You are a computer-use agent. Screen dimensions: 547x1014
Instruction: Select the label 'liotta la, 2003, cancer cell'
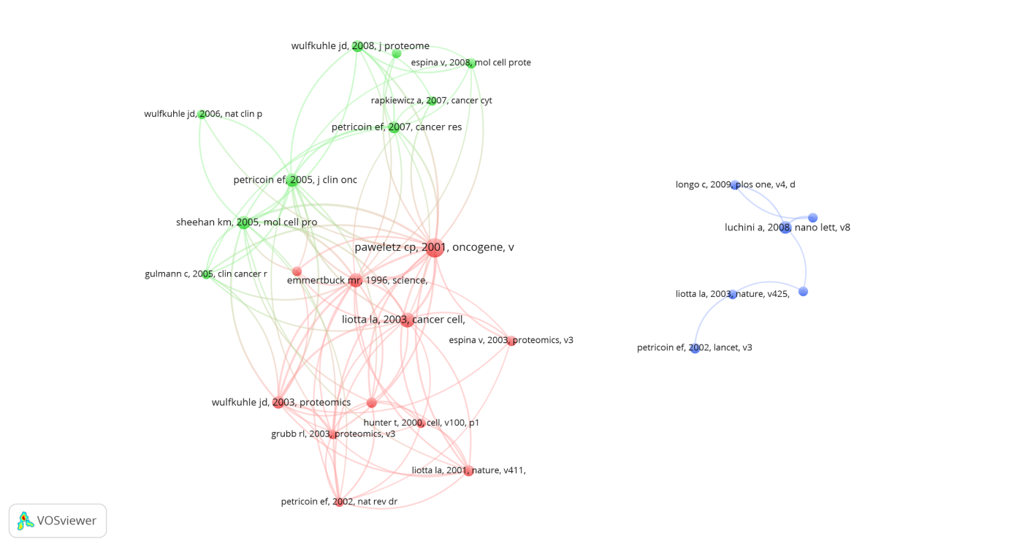(403, 320)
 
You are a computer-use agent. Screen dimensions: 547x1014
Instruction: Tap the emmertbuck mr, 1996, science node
(355, 280)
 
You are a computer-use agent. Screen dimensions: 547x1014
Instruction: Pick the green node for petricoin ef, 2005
(292, 181)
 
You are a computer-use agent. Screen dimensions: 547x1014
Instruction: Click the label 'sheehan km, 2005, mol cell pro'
(246, 222)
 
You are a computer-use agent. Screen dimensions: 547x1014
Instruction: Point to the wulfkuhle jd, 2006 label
(203, 114)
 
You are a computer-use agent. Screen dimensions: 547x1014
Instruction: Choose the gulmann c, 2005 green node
(207, 274)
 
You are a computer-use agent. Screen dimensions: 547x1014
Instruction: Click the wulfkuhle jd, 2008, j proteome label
(360, 46)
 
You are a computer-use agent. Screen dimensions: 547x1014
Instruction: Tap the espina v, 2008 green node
(471, 63)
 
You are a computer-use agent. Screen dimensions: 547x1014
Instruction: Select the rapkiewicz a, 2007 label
(431, 100)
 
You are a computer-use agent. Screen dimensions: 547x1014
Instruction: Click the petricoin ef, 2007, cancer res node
(394, 127)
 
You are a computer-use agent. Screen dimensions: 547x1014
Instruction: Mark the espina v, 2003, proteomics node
(511, 341)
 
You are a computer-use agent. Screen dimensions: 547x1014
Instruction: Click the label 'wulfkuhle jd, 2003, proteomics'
(281, 402)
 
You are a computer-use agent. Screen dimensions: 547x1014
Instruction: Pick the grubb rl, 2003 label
(333, 434)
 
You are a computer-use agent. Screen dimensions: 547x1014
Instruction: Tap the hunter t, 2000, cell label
(421, 423)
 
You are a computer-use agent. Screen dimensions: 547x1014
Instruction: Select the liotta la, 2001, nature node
(468, 471)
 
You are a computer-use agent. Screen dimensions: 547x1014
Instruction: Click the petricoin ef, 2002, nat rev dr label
(339, 502)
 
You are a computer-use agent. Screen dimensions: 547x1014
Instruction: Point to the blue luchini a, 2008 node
(785, 228)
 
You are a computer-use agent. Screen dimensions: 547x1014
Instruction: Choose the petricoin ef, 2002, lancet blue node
(695, 348)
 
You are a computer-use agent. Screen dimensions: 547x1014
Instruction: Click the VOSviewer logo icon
(26, 521)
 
